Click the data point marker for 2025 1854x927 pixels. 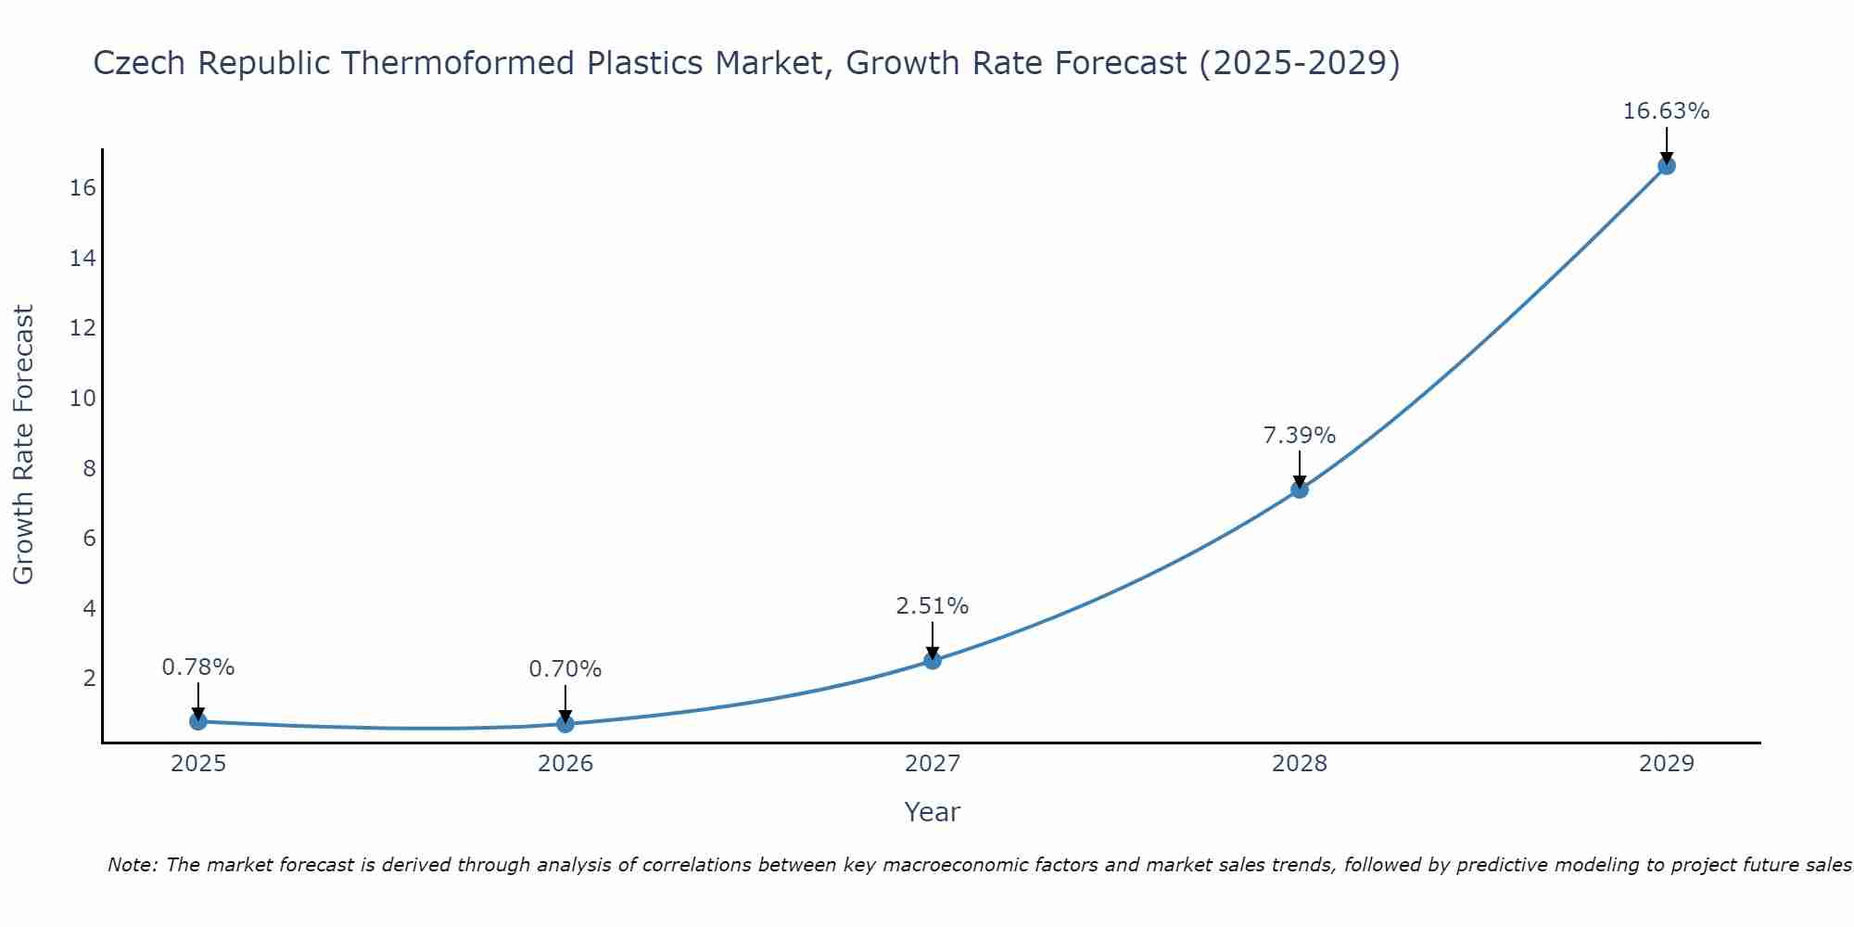[198, 721]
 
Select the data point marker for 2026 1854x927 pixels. [565, 724]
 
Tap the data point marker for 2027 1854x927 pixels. [933, 661]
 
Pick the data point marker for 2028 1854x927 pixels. [1300, 489]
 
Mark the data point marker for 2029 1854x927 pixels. [1667, 166]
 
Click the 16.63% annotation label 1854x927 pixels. [1666, 111]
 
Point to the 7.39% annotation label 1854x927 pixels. [1300, 436]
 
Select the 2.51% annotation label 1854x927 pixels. [932, 606]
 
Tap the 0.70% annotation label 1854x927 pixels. [565, 669]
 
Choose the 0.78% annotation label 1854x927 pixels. [198, 667]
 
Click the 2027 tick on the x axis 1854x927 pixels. [933, 764]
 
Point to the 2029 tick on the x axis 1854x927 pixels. [1666, 764]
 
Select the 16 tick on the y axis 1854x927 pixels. [83, 188]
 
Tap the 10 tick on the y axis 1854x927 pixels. [83, 399]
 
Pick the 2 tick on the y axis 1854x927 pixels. [89, 679]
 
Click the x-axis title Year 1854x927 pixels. [932, 812]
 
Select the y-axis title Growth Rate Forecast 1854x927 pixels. [24, 445]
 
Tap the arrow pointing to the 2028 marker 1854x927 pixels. [1300, 469]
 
